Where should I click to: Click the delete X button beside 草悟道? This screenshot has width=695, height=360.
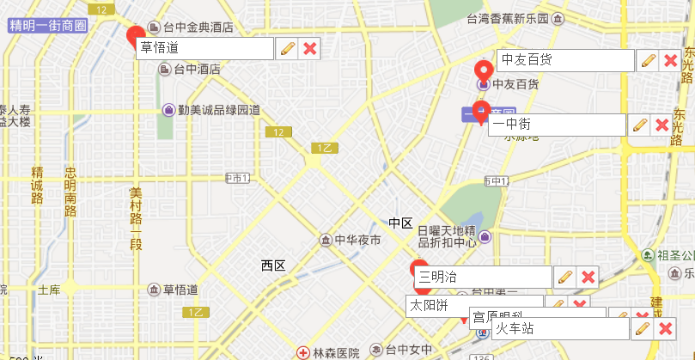[x=310, y=49]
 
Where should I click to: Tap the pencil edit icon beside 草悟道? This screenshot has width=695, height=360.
[x=286, y=49]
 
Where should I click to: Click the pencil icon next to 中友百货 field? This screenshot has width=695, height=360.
[x=647, y=61]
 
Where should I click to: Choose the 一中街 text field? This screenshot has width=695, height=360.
[x=557, y=125]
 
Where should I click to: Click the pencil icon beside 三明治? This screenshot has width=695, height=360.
[x=564, y=277]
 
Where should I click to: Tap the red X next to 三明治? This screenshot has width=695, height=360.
[x=588, y=277]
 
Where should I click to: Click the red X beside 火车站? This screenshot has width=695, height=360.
[x=664, y=329]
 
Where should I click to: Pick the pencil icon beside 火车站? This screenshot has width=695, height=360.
[x=641, y=329]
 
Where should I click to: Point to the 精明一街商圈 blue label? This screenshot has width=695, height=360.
[x=47, y=26]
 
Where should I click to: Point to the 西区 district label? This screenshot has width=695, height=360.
[x=273, y=265]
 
